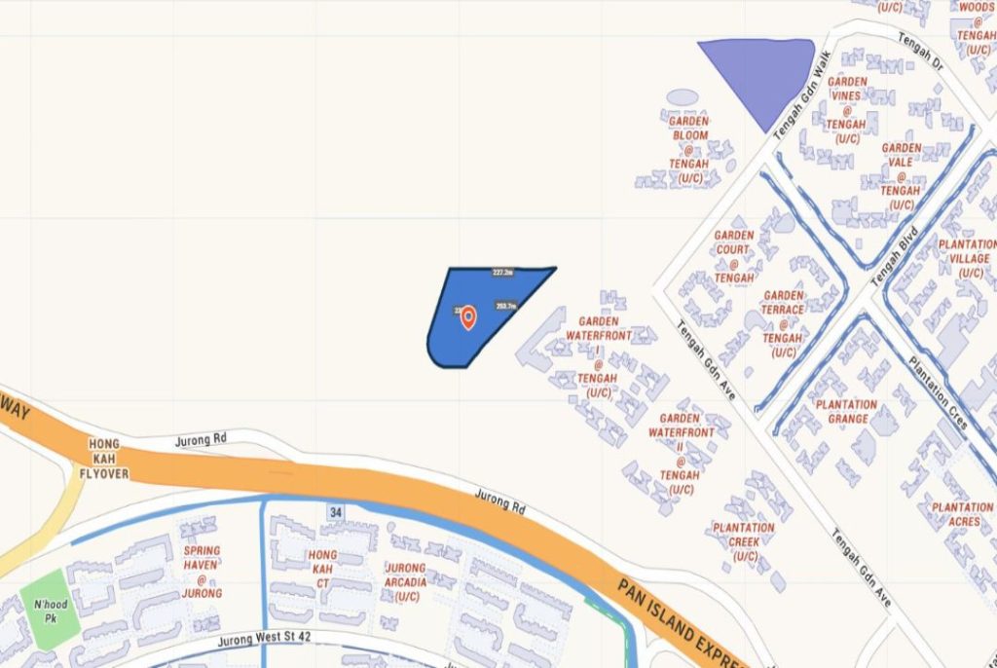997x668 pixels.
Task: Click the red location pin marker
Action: pyautogui.click(x=468, y=317)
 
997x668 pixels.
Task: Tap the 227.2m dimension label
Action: pyautogui.click(x=503, y=273)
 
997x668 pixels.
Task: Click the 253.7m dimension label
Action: pyautogui.click(x=505, y=306)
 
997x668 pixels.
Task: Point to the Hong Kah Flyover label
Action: pyautogui.click(x=104, y=459)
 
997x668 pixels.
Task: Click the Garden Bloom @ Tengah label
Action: pyautogui.click(x=689, y=149)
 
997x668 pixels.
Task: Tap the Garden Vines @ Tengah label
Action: pyautogui.click(x=846, y=110)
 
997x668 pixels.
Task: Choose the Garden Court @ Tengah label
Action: pyautogui.click(x=733, y=256)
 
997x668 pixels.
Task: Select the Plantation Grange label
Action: pyautogui.click(x=847, y=412)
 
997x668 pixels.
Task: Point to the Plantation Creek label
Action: pyautogui.click(x=743, y=541)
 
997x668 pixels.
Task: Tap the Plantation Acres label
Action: pyautogui.click(x=962, y=514)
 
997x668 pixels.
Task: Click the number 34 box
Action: pyautogui.click(x=336, y=511)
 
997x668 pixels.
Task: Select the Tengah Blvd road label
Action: pyautogui.click(x=887, y=265)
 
